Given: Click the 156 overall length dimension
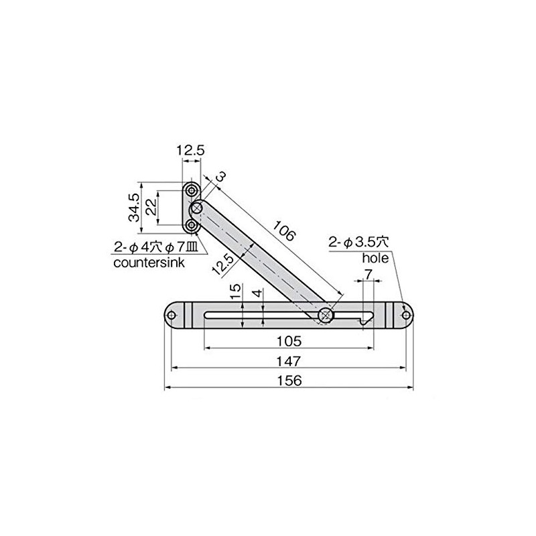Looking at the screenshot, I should (x=289, y=380).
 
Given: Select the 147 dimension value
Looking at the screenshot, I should (x=289, y=360).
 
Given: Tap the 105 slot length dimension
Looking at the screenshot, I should (x=289, y=341).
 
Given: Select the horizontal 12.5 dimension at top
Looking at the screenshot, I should (x=191, y=151).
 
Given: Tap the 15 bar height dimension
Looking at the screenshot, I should (x=233, y=292).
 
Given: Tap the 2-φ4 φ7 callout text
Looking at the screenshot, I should (x=153, y=248).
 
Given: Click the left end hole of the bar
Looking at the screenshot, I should (x=172, y=314).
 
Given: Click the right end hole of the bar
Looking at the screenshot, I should (x=405, y=314).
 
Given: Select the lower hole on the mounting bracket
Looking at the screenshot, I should (x=192, y=226).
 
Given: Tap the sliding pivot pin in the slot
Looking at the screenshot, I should (x=326, y=314).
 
